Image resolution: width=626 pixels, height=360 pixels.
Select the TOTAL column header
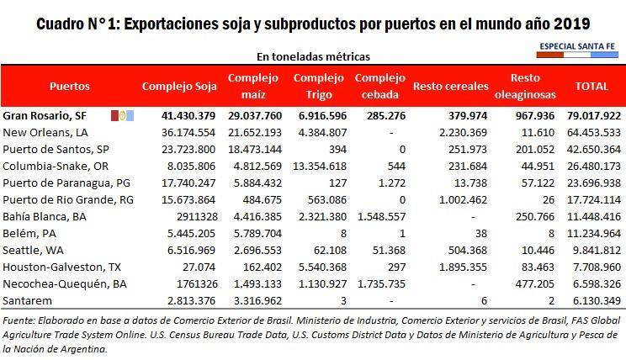point(591,87)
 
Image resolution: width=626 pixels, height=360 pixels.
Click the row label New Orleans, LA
point(46,132)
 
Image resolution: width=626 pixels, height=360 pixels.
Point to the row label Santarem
point(28,300)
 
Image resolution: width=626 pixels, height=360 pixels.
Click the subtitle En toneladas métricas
point(313,56)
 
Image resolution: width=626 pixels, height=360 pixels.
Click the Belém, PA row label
point(31,233)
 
